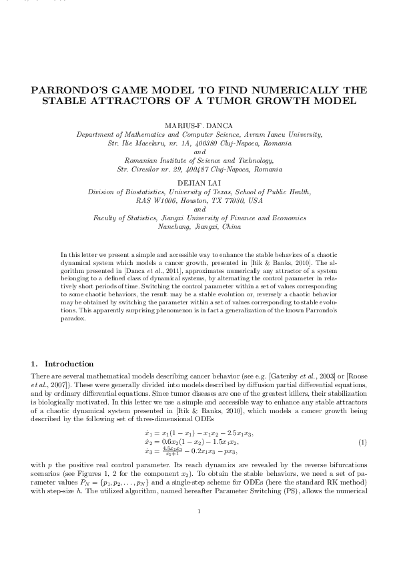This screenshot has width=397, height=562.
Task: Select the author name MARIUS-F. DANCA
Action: pos(199,125)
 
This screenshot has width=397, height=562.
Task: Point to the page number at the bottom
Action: pos(199,531)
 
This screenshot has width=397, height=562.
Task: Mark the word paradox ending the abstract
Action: pos(72,318)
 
